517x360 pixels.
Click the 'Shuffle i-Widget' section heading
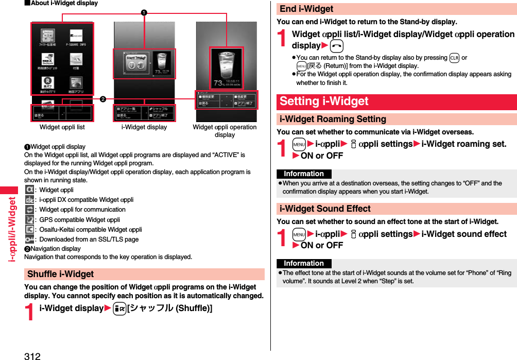61,274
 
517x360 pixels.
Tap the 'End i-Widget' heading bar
306,9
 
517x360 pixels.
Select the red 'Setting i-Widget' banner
324,101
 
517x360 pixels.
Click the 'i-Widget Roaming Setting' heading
333,119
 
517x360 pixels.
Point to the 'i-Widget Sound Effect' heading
325,209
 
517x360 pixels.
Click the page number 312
32,355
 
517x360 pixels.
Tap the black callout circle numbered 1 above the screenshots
144,12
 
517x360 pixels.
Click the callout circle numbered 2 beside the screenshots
104,99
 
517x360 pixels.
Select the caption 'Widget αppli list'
62,127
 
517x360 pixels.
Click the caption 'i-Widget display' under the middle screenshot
144,127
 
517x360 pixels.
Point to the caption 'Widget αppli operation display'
225,131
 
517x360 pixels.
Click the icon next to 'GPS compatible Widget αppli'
30,220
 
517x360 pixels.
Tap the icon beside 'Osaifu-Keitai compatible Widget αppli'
30,230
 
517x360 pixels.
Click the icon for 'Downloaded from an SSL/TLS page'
30,239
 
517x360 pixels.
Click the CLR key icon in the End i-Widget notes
454,58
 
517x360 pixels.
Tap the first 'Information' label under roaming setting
304,174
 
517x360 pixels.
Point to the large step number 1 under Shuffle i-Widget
30,312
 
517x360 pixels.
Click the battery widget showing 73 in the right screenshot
227,67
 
